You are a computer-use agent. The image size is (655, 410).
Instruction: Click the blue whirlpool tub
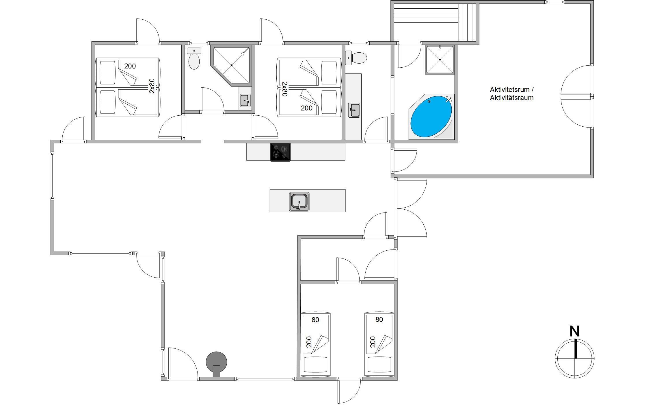point(431,117)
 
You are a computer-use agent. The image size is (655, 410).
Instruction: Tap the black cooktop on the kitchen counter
point(280,152)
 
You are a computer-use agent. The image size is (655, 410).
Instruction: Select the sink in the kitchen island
point(299,202)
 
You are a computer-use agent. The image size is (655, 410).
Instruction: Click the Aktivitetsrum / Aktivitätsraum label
point(512,94)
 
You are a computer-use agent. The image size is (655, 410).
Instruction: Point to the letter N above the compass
point(574,331)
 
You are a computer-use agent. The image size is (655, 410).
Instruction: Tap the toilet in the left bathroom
point(194,59)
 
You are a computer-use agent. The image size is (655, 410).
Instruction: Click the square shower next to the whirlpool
point(440,60)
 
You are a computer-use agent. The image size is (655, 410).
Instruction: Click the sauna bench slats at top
point(435,22)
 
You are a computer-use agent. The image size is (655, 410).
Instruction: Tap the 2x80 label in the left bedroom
point(152,86)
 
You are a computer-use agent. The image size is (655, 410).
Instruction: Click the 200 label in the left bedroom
point(130,66)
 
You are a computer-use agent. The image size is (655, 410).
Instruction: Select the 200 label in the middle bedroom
point(306,108)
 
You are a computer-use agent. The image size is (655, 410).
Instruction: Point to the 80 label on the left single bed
point(315,320)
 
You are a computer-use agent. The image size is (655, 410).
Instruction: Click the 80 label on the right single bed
point(379,319)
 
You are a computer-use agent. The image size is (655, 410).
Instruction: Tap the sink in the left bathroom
point(245,101)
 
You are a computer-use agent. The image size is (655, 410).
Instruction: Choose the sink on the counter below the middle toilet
point(354,110)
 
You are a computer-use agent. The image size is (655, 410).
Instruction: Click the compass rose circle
point(575,358)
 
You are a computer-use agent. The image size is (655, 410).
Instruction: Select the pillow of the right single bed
point(379,365)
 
